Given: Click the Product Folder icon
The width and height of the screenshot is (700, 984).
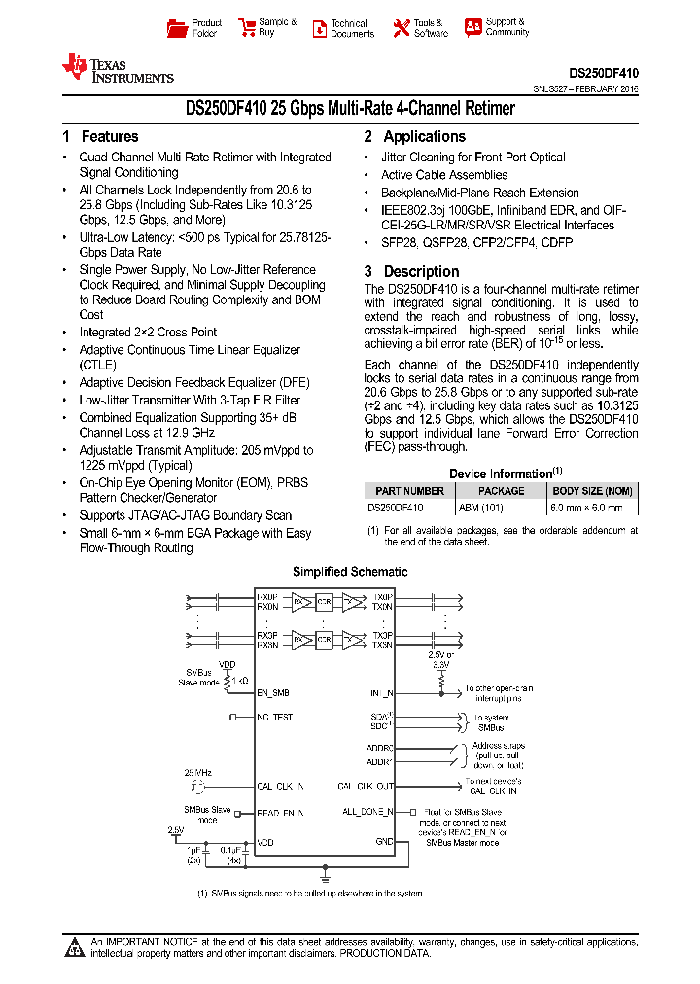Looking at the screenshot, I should pyautogui.click(x=176, y=28).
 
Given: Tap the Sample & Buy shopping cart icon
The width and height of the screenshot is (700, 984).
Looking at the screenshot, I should pyautogui.click(x=247, y=27).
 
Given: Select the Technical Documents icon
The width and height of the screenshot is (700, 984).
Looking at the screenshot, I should pyautogui.click(x=319, y=28).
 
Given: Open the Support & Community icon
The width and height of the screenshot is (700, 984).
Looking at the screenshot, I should pyautogui.click(x=473, y=27).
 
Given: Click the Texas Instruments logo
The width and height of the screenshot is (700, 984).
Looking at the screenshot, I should pyautogui.click(x=118, y=68).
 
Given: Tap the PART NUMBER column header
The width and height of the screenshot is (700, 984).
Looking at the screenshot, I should pyautogui.click(x=409, y=491).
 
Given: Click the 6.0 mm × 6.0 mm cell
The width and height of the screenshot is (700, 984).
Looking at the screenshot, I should pyautogui.click(x=592, y=507).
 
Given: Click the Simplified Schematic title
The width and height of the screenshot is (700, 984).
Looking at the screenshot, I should pyautogui.click(x=350, y=572).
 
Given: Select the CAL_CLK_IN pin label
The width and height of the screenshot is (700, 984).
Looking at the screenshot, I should pyautogui.click(x=280, y=786).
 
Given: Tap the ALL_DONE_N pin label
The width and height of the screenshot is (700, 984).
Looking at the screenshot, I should pyautogui.click(x=367, y=811).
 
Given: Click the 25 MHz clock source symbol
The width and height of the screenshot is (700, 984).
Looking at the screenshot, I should pyautogui.click(x=198, y=786).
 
